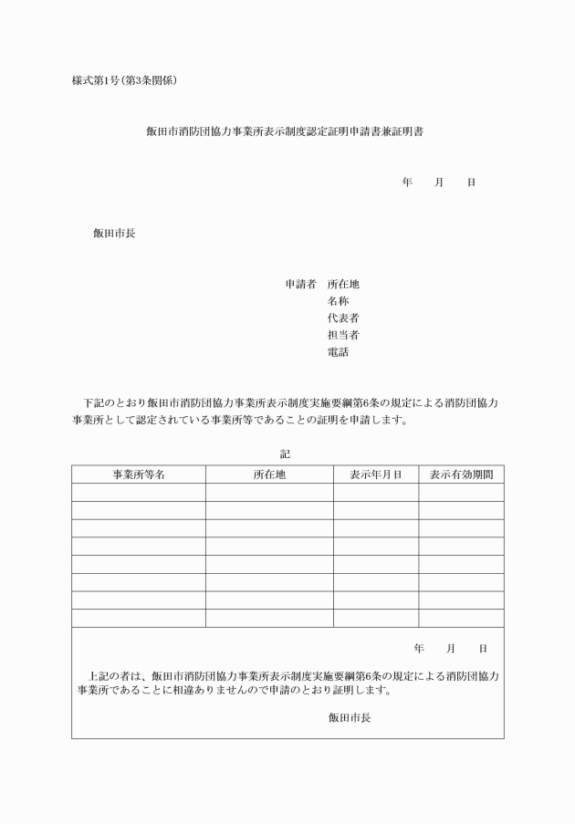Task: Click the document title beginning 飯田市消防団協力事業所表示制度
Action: (x=284, y=131)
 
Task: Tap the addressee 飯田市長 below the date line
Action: (x=114, y=233)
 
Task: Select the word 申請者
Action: (x=300, y=284)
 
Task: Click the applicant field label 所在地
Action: (x=343, y=284)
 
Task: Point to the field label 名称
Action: (x=338, y=301)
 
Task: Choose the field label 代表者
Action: (x=343, y=318)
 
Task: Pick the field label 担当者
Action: (x=343, y=335)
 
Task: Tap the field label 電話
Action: (x=338, y=352)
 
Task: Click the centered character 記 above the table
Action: (x=285, y=453)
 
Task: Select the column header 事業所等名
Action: (x=139, y=475)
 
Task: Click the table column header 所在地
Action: (x=269, y=475)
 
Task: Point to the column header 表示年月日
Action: (x=376, y=475)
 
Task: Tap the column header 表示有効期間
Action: (x=461, y=475)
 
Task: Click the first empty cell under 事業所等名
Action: (x=139, y=493)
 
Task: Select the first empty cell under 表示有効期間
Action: (x=461, y=493)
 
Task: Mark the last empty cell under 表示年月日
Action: (x=376, y=618)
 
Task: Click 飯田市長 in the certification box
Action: (x=350, y=717)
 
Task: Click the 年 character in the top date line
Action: (x=407, y=183)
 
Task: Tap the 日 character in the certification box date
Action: (x=483, y=649)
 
